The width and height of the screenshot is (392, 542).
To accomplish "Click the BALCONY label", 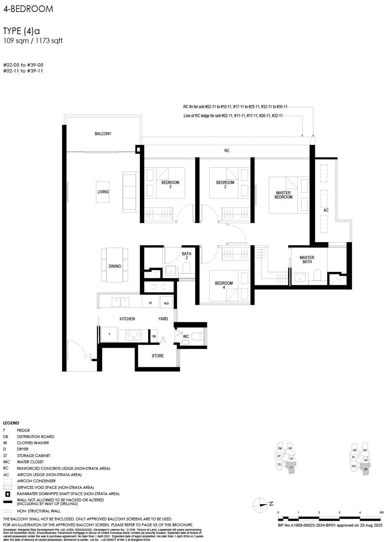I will pos(103,134).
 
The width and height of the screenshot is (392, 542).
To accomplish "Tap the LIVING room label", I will pos(103,192).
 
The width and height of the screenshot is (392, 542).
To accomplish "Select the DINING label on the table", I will pos(114,266).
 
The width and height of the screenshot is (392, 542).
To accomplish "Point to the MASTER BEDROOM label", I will pos(283,195).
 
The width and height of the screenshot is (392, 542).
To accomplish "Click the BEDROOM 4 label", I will pos(224,285).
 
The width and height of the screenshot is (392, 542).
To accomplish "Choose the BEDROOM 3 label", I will pos(170,184).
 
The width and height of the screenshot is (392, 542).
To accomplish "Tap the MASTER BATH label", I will pos(307,260).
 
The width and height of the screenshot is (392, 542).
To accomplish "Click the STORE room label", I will pos(158,356).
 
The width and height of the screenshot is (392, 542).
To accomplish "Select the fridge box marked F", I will pos(109,334).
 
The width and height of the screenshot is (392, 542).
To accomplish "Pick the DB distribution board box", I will pos(154,336).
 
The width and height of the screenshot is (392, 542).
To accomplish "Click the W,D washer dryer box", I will pos(166,303).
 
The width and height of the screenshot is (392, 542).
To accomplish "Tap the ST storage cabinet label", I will pos(151,303).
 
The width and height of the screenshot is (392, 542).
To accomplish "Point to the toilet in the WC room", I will pos(197,336).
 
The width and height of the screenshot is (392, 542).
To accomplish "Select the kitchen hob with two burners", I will pos(133,335).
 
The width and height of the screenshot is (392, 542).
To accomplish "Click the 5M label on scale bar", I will pos(381,513).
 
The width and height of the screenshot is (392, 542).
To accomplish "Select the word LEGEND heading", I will pos(11,423).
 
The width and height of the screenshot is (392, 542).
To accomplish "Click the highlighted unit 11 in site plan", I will pos(291,467).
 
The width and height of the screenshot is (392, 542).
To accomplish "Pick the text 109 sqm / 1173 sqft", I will pos(33,41).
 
